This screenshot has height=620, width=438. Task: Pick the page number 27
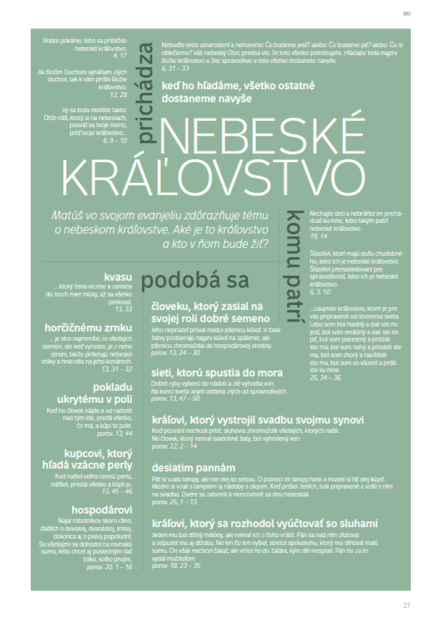407,605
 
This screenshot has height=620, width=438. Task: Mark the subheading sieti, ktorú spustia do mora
217,372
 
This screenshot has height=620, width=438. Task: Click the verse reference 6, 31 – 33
175,69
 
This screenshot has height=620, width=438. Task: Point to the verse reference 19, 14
317,236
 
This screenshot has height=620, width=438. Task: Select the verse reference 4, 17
119,55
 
